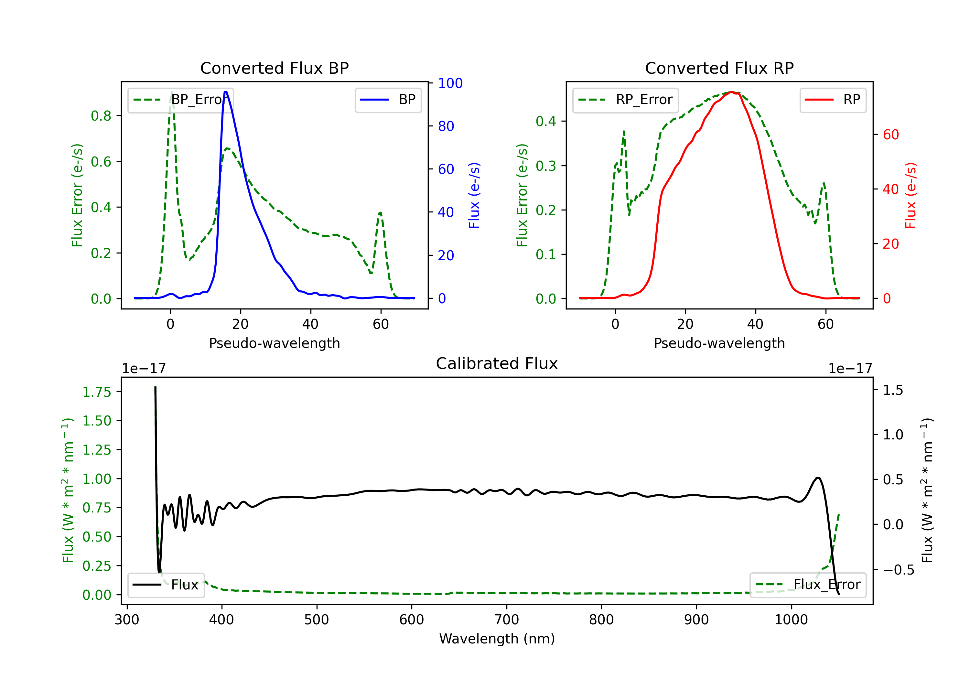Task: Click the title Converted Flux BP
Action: (x=274, y=68)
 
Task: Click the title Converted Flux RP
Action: (x=719, y=68)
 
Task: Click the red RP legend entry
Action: (x=833, y=100)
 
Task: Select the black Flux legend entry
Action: (x=166, y=585)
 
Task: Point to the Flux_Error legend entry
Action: (x=808, y=585)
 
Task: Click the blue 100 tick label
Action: (x=450, y=83)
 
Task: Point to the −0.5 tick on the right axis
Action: (x=893, y=570)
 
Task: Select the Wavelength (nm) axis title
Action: (x=497, y=639)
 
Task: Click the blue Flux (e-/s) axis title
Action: (x=474, y=195)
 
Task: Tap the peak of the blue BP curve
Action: (x=226, y=92)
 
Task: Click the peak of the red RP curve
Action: (x=731, y=92)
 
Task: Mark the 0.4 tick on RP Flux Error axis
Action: (x=546, y=121)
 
